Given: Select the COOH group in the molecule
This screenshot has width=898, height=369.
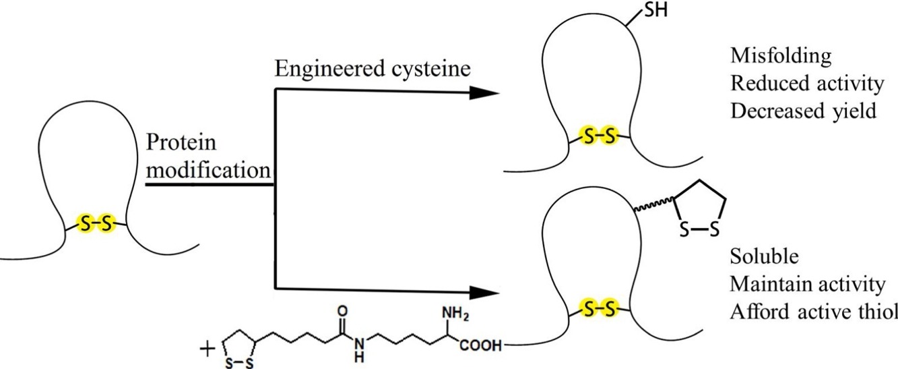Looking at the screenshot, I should click(481, 346).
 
